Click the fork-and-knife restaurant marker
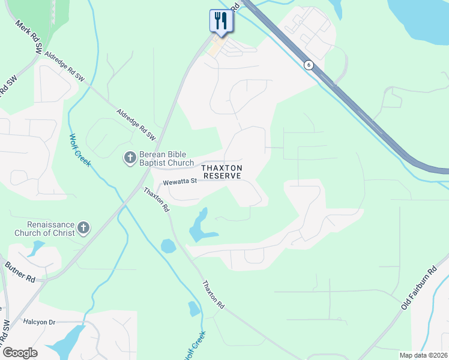pos(221,21)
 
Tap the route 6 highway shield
pos(308,65)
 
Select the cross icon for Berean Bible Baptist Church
pos(129,158)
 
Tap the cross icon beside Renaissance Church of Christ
pos(83,228)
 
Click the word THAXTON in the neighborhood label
pos(222,168)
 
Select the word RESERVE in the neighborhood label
pos(222,176)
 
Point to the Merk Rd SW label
pos(29,35)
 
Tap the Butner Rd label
pos(20,272)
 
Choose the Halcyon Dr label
pos(39,322)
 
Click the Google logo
pos(20,352)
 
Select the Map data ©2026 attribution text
pos(423,355)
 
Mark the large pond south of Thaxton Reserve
pos(200,227)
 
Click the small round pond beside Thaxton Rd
pos(168,245)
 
